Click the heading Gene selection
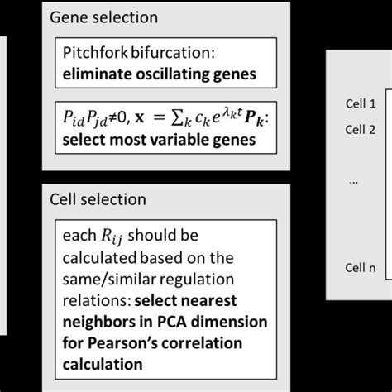(x=103, y=17)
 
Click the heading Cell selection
(x=98, y=199)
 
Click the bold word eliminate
(x=97, y=74)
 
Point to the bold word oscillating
(x=174, y=74)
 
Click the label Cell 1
(x=361, y=104)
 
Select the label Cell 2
(x=361, y=129)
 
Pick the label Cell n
(x=361, y=266)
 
